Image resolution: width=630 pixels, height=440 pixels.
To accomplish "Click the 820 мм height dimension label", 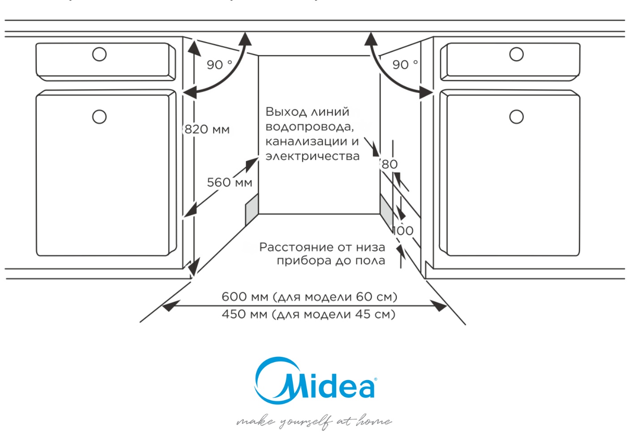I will tap(207, 130).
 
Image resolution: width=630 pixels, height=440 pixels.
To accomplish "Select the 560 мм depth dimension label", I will tap(229, 182).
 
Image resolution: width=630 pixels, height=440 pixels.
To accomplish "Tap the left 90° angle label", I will tap(219, 65).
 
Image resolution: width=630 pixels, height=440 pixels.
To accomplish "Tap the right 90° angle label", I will tap(405, 65).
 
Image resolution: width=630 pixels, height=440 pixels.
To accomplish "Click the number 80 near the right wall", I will tap(390, 164).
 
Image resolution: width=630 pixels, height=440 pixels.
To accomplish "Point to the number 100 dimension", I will tap(403, 231).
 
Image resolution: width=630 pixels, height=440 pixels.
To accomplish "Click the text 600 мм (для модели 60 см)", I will tap(309, 297).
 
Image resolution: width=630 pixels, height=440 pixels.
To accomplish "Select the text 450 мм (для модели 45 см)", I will tap(309, 314).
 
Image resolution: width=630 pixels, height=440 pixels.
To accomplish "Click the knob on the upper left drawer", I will tap(99, 55).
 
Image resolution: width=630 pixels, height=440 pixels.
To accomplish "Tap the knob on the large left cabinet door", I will tap(99, 117).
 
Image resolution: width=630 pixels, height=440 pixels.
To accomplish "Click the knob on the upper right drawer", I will tap(516, 55).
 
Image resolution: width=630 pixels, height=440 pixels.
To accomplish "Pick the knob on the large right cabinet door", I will tap(516, 117).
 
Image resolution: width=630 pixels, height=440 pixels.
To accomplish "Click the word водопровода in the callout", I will tap(309, 127).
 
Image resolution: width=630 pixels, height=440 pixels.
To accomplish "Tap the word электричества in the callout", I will tap(313, 157).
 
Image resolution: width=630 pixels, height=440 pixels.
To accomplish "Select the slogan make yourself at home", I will tap(314, 422).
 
